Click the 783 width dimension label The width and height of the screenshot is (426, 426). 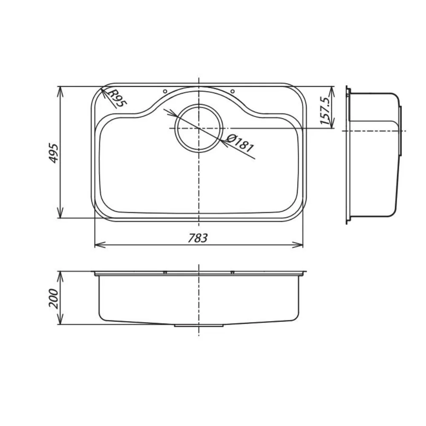pyautogui.click(x=198, y=238)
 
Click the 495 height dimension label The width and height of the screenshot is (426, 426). pyautogui.click(x=54, y=153)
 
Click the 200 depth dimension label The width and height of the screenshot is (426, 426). pyautogui.click(x=54, y=298)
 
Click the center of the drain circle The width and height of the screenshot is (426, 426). pyautogui.click(x=199, y=128)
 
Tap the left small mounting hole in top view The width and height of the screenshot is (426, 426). pyautogui.click(x=165, y=91)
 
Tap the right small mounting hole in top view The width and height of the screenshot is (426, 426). pyautogui.click(x=232, y=91)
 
